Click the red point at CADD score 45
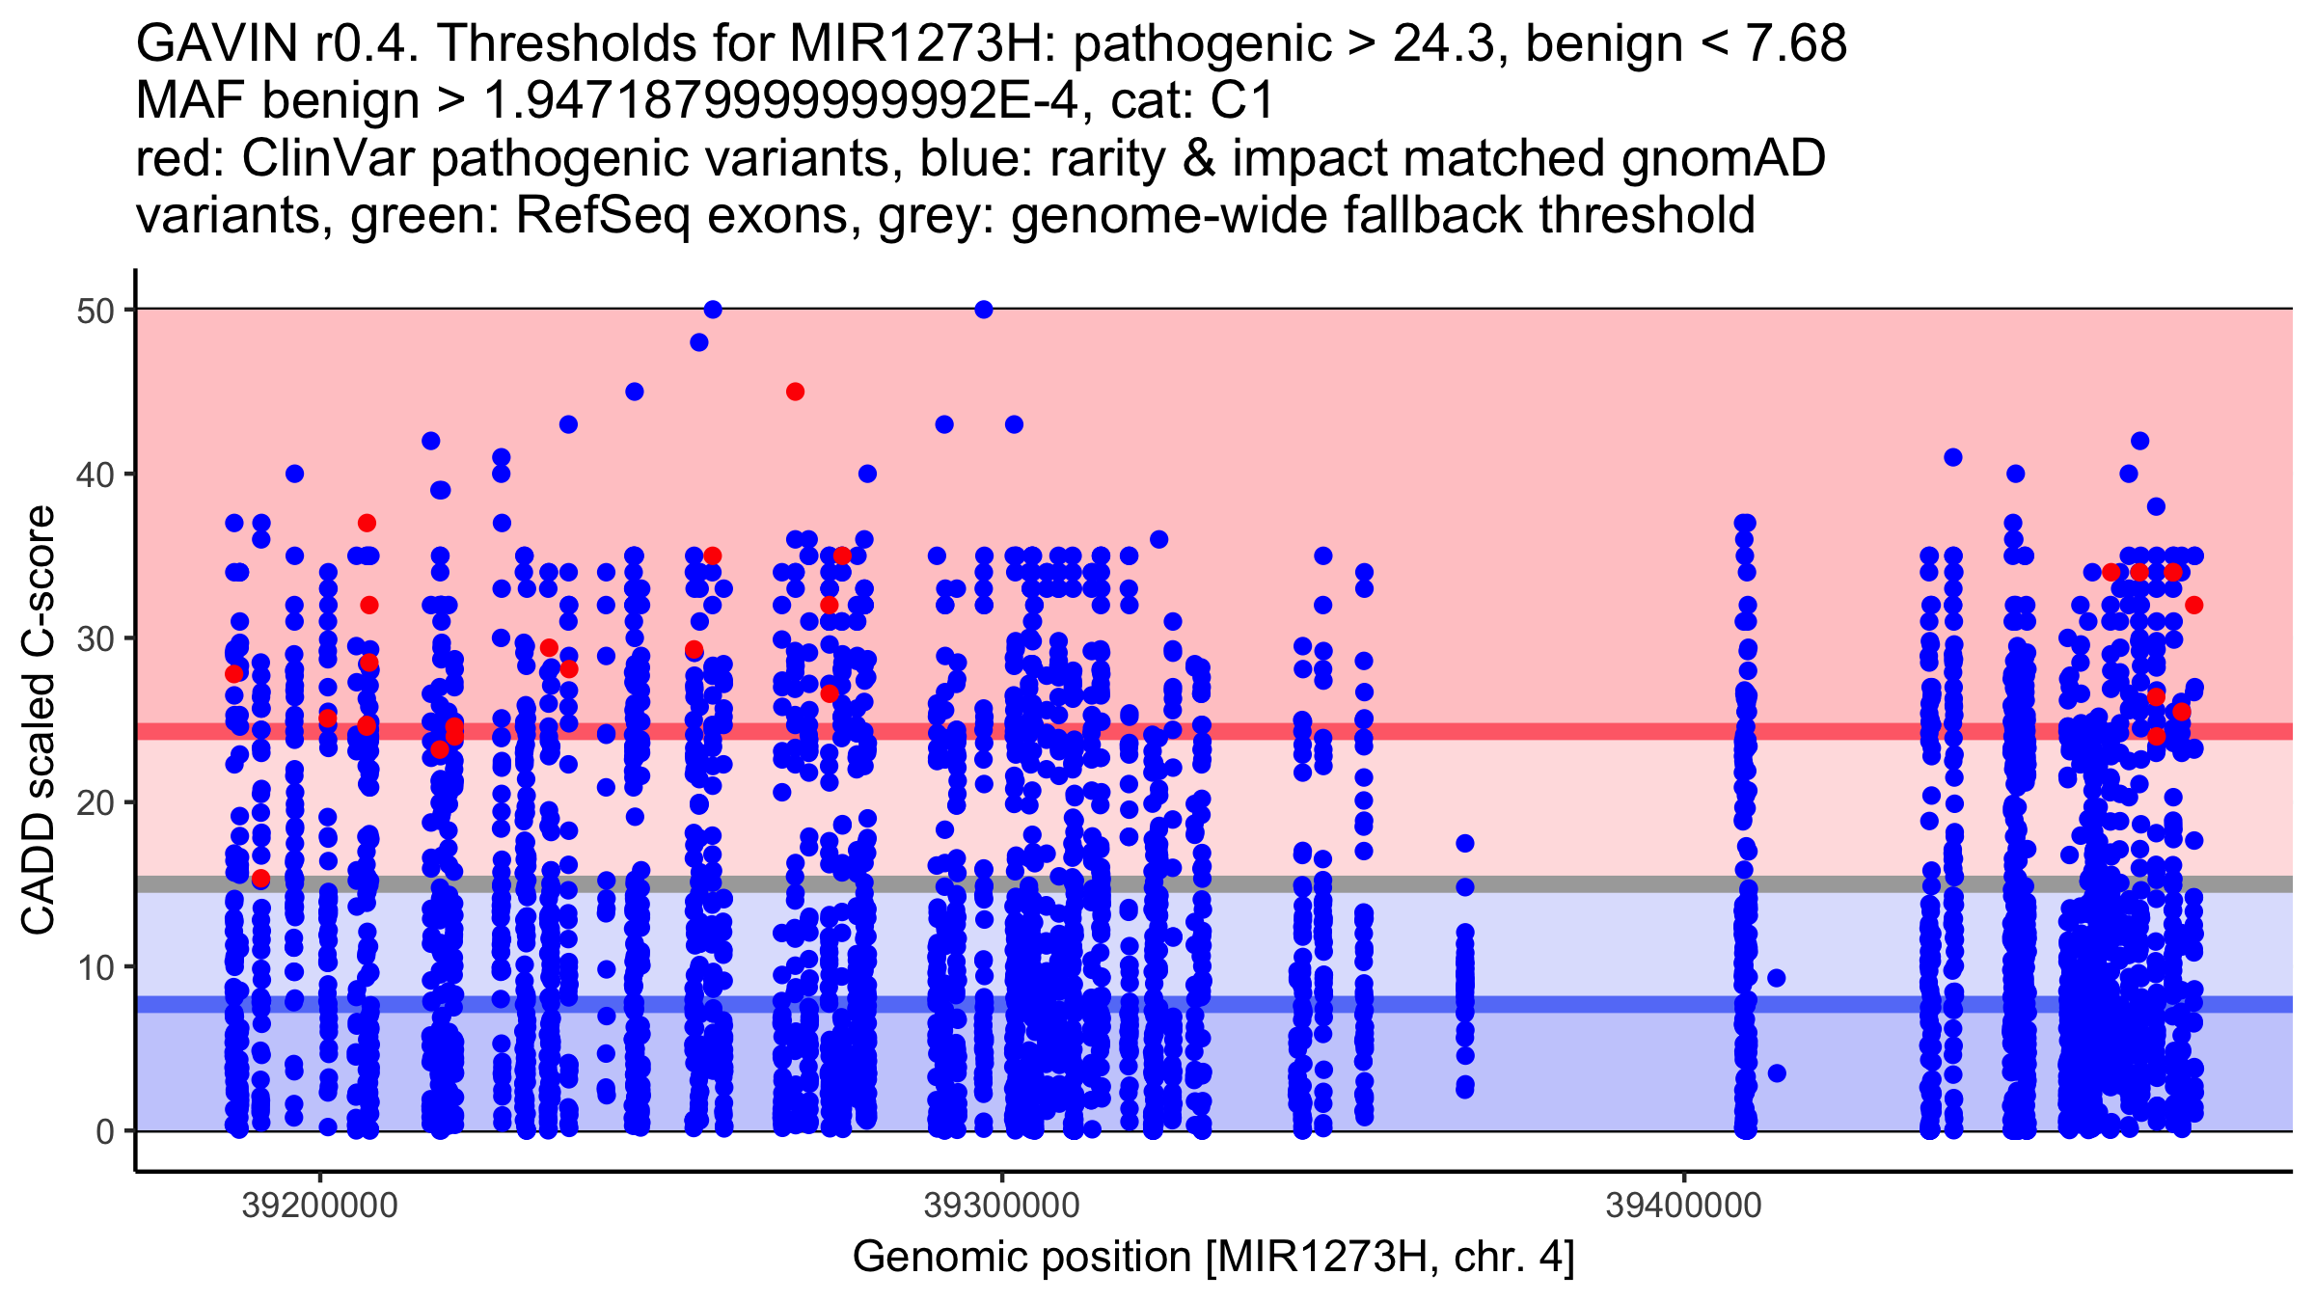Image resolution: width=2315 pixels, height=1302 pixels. point(795,392)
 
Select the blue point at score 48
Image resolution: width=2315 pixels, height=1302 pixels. point(699,342)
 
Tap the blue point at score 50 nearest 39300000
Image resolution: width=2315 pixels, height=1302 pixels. point(984,310)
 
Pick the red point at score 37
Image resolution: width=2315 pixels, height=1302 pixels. point(367,523)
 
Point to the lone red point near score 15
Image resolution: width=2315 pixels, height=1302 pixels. point(260,878)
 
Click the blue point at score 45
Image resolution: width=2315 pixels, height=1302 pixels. point(635,392)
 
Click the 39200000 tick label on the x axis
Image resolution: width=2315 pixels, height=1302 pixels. point(319,1206)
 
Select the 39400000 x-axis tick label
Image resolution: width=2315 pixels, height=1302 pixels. point(1683,1206)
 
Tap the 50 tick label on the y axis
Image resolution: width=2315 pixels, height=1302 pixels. point(95,310)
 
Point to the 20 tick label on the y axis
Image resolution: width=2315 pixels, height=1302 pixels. point(95,802)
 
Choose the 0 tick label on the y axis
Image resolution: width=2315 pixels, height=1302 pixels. point(104,1131)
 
